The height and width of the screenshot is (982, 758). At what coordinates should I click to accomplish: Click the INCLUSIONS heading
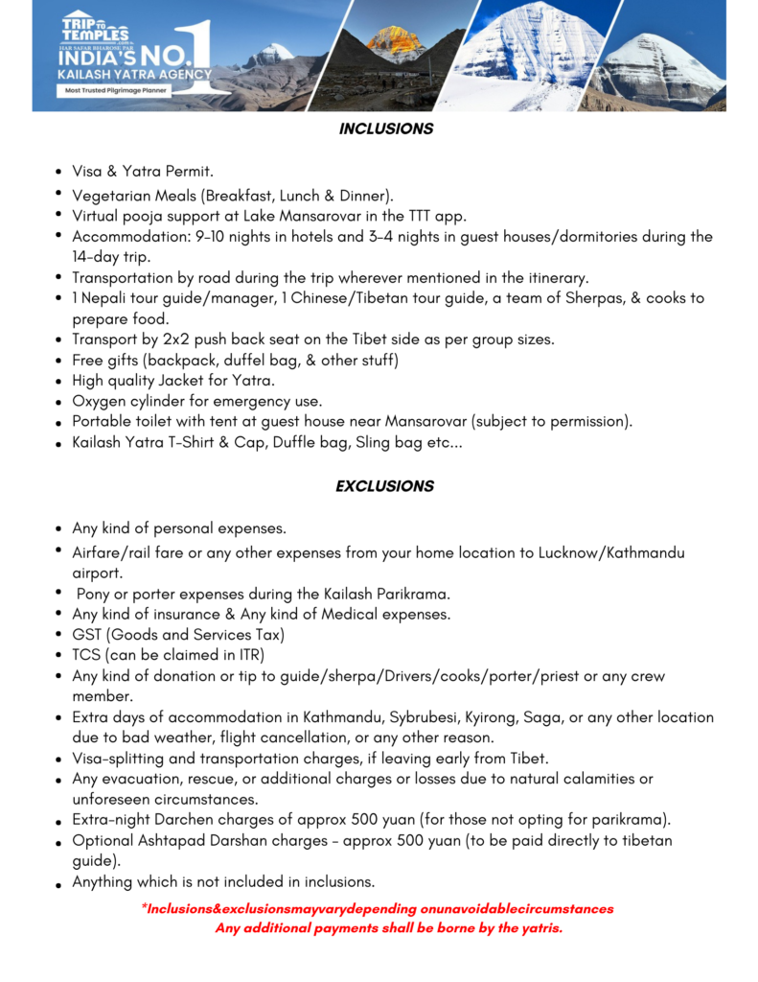[x=385, y=129]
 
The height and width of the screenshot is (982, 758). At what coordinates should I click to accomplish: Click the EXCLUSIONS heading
[x=384, y=486]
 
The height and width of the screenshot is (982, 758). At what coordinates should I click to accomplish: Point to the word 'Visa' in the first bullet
[x=88, y=172]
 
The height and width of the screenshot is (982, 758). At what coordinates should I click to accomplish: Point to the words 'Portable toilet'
[x=125, y=422]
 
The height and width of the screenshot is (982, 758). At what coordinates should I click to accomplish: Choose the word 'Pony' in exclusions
[x=95, y=594]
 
